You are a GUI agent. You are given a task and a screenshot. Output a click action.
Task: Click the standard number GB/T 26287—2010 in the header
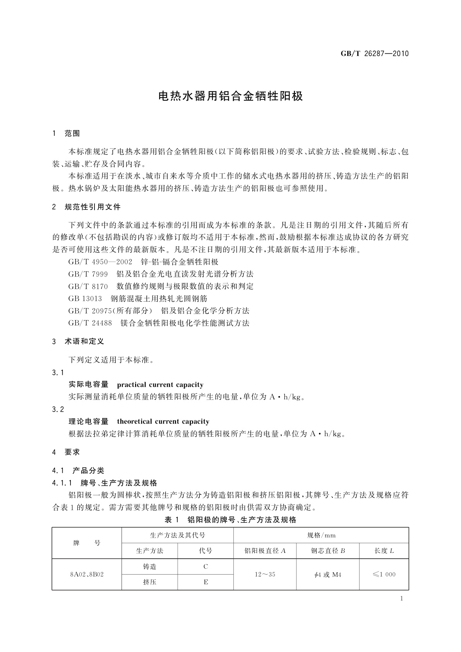pos(374,53)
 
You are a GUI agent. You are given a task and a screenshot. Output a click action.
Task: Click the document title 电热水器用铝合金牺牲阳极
pos(231,96)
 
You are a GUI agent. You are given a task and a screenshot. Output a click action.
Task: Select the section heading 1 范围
pos(66,134)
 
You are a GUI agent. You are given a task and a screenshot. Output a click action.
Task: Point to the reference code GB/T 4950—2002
pos(100,262)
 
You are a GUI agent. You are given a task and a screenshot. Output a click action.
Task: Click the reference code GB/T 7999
pos(88,274)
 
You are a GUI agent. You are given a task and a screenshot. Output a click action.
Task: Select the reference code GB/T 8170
pos(88,287)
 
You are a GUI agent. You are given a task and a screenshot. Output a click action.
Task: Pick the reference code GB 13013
pos(85,299)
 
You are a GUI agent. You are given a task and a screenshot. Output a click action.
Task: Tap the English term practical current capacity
pos(160,384)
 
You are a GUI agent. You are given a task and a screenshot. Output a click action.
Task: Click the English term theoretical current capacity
pos(163,421)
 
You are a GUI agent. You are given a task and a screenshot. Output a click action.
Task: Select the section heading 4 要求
pos(66,452)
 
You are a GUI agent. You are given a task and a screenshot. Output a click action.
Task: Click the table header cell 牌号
pos(87,543)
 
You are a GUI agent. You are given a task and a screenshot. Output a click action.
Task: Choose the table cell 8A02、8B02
pos(87,574)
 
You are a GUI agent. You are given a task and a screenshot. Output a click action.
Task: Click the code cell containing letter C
pos(206,566)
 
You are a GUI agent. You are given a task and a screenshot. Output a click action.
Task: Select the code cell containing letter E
pos(206,582)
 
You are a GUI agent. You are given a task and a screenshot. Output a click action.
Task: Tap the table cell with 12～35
pos(265,574)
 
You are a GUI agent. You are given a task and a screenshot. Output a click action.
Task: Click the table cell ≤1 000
pos(384,574)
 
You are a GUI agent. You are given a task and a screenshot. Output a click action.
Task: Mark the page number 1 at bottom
pos(401,599)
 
